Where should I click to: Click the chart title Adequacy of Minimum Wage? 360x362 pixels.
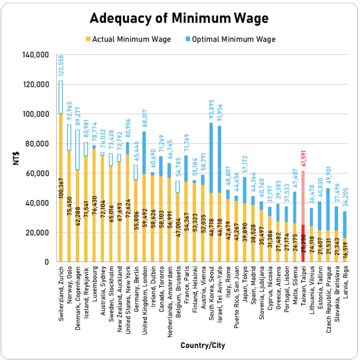coord(179,18)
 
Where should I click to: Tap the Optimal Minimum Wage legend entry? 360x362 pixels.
coord(233,39)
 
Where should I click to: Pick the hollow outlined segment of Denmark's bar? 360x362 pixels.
coord(77,150)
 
